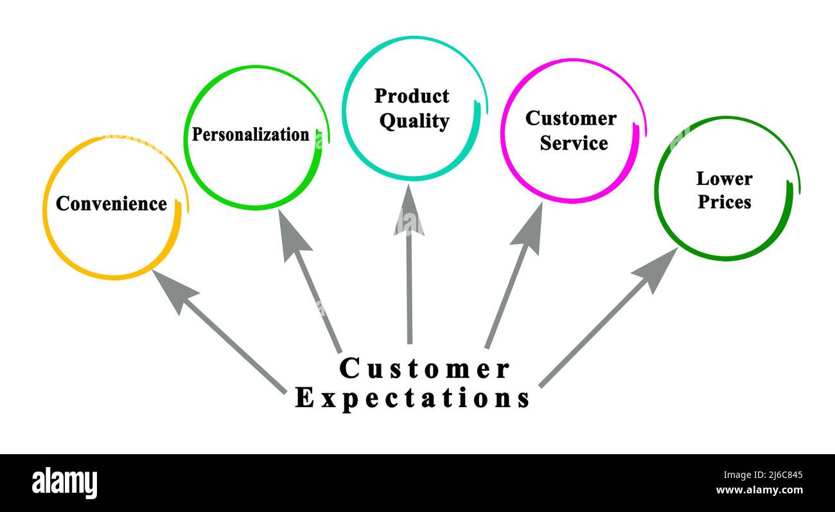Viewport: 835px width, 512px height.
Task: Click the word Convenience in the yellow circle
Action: (111, 204)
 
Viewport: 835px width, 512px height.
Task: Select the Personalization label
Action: (251, 135)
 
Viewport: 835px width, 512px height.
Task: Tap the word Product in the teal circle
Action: (412, 96)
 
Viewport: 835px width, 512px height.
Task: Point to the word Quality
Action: (414, 121)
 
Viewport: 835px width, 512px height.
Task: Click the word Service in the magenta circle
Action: (574, 143)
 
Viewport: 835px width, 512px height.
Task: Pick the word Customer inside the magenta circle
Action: (570, 118)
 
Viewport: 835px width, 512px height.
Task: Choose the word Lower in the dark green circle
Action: (724, 178)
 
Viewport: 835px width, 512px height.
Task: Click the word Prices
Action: (725, 202)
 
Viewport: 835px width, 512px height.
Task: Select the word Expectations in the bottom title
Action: (412, 398)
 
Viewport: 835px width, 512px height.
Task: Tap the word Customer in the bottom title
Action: (424, 369)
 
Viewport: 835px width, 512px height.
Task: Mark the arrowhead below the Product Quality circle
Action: (409, 212)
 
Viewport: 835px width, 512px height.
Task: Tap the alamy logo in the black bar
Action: (65, 483)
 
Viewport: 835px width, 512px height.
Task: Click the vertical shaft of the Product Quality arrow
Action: (409, 289)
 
